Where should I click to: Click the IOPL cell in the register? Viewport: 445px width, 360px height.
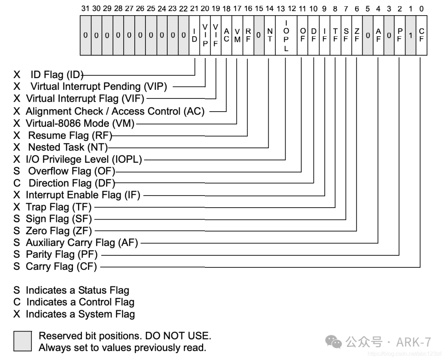point(286,35)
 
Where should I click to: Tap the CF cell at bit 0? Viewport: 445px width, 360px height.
point(422,35)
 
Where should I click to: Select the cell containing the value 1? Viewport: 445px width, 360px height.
point(411,35)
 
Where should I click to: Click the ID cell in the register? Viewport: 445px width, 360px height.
point(194,35)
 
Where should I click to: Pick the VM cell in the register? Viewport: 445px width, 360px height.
point(238,35)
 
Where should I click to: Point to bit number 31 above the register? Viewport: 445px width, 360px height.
point(85,9)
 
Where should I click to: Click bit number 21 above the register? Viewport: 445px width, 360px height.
point(194,9)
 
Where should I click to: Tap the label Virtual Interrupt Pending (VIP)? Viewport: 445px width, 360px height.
point(99,86)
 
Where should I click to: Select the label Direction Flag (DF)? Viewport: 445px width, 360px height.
point(72,183)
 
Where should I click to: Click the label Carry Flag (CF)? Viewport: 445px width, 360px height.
point(61,266)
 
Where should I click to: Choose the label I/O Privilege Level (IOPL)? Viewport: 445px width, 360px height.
point(84,159)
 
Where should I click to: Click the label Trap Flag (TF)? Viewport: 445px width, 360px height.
point(59,207)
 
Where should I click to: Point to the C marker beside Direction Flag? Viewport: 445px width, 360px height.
point(17,183)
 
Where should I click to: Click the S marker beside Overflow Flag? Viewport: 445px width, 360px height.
point(17,171)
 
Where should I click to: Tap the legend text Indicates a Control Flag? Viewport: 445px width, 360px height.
point(80,302)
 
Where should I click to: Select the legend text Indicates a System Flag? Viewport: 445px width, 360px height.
point(80,314)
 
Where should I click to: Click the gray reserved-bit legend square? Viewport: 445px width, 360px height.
point(22,341)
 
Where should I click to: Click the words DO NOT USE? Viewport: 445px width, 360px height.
point(178,336)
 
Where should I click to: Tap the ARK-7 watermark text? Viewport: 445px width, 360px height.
point(414,342)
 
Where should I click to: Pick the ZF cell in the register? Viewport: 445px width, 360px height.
point(357,35)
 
